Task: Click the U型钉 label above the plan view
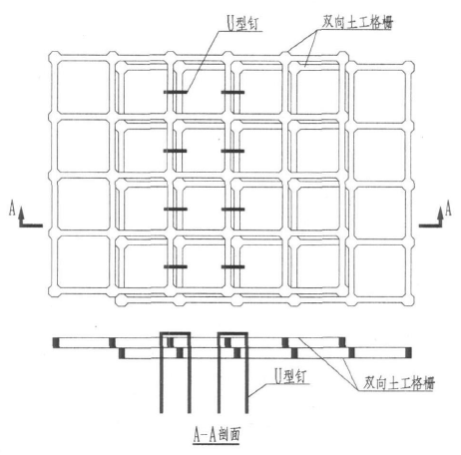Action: [x=243, y=24]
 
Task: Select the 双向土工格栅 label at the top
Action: [x=357, y=22]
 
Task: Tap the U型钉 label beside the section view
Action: [x=290, y=376]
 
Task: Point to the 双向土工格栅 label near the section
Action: [x=399, y=382]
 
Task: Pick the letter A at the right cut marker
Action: [x=448, y=208]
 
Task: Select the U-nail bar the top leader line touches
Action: [x=176, y=92]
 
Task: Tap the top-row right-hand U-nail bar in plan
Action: [x=232, y=92]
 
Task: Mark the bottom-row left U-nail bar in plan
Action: [x=176, y=266]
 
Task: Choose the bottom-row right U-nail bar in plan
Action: [x=232, y=266]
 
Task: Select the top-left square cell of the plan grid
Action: [x=83, y=88]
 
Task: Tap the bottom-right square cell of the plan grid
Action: [x=379, y=270]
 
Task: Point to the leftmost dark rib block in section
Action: [x=56, y=343]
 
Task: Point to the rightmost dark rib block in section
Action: [x=409, y=353]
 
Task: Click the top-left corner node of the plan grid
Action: [x=54, y=56]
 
